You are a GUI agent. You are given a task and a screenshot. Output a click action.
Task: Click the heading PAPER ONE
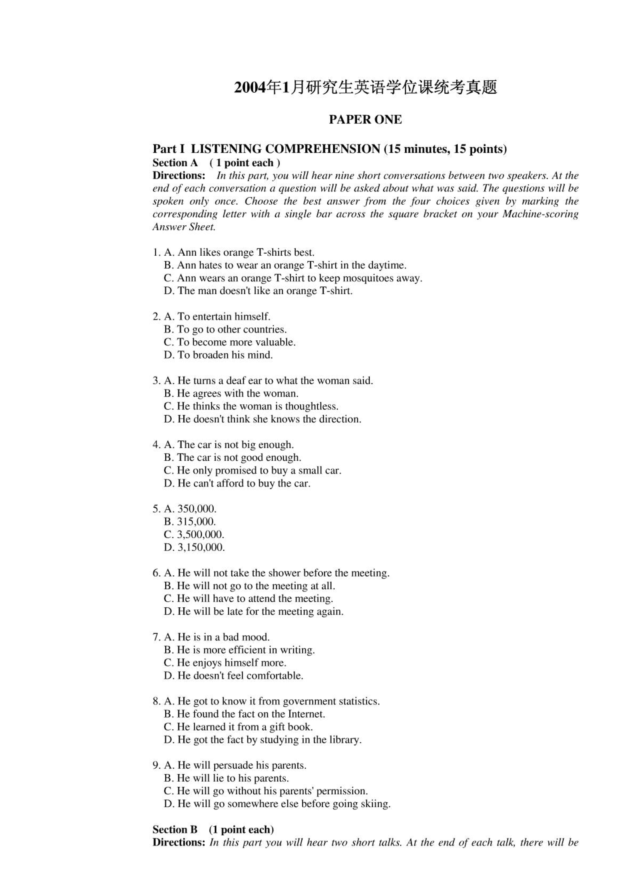[365, 119]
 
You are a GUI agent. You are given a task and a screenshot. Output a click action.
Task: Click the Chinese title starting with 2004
[365, 88]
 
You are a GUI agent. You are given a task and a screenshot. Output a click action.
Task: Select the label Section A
[175, 163]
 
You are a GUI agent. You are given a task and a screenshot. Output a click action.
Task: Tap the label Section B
[175, 829]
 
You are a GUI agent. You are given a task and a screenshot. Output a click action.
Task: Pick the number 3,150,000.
[201, 547]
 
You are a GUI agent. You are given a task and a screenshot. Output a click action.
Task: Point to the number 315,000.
[196, 522]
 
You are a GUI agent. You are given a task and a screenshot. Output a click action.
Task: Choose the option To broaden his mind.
[225, 355]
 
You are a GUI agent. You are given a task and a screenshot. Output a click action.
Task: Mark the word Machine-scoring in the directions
[540, 214]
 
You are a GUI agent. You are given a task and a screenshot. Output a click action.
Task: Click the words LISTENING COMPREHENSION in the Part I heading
[285, 149]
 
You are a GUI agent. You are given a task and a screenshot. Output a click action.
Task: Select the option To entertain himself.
[223, 317]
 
